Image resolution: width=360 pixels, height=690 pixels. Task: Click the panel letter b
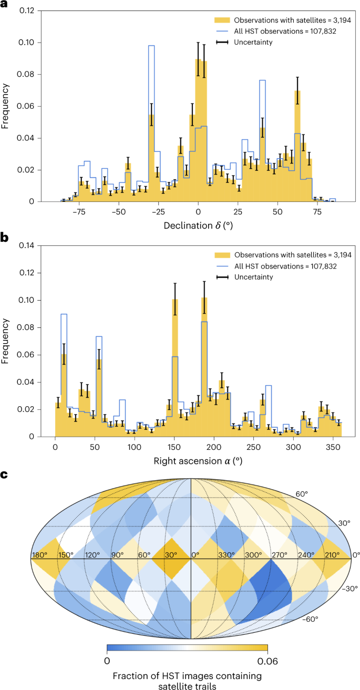(x=5, y=238)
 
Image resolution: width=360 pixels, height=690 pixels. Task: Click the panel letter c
(x=4, y=475)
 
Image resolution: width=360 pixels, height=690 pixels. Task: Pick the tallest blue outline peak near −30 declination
(x=151, y=46)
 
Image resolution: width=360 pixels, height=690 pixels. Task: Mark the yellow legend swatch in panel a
(x=222, y=20)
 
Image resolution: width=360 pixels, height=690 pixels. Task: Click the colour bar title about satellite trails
(x=187, y=679)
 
